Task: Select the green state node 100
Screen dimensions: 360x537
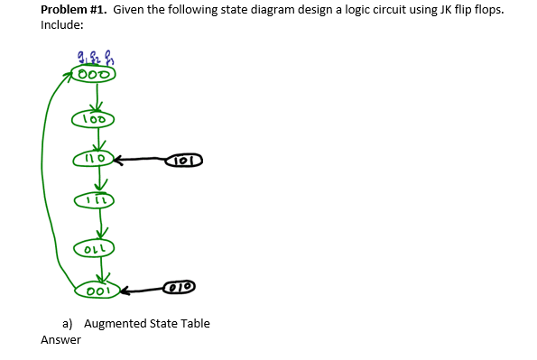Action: click(94, 118)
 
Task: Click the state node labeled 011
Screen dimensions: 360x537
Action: click(94, 244)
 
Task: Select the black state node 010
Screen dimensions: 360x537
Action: click(182, 288)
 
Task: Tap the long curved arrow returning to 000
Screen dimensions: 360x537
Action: click(45, 180)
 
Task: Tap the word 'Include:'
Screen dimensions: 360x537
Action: click(62, 24)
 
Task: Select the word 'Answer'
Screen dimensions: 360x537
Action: click(60, 340)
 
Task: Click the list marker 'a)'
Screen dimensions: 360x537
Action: click(68, 323)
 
